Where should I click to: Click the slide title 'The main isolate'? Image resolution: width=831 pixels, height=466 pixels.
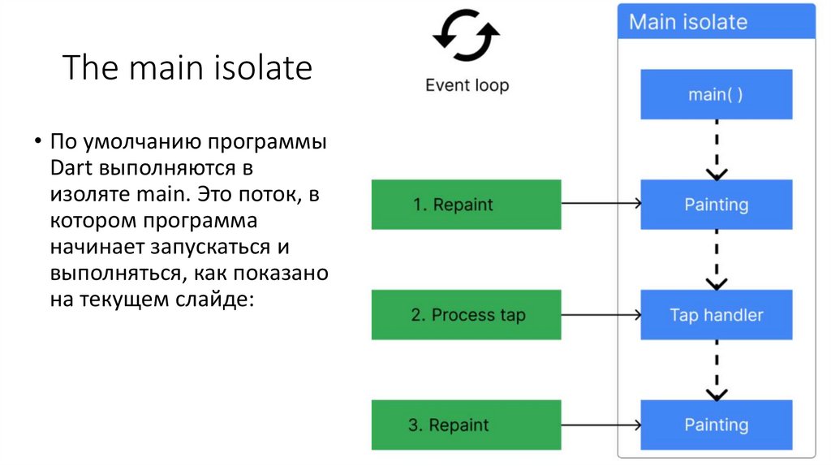tap(187, 68)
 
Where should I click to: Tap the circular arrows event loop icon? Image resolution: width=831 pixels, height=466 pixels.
tap(466, 37)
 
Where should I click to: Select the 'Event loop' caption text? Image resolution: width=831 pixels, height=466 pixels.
tap(467, 85)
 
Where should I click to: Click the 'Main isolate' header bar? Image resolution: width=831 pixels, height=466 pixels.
tap(716, 21)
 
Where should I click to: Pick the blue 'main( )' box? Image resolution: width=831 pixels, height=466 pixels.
tap(716, 94)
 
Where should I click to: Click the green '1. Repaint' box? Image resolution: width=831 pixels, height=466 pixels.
tap(466, 205)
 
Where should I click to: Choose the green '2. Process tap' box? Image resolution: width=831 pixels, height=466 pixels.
tap(466, 315)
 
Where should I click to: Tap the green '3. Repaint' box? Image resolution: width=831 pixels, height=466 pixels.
tap(466, 425)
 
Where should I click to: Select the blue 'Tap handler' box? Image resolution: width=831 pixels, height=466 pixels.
tap(716, 315)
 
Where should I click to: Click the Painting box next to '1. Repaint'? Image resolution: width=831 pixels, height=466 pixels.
tap(716, 205)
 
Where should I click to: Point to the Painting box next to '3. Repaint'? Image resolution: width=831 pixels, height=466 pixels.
tap(716, 425)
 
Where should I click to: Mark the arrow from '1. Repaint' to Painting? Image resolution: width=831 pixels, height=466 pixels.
tap(601, 205)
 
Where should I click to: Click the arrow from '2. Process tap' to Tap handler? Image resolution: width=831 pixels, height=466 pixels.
tap(601, 315)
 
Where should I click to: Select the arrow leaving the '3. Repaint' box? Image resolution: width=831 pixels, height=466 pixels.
tap(601, 425)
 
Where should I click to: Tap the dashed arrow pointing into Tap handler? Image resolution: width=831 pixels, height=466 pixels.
tap(716, 260)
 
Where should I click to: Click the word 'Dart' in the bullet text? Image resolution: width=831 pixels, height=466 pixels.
tap(71, 170)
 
